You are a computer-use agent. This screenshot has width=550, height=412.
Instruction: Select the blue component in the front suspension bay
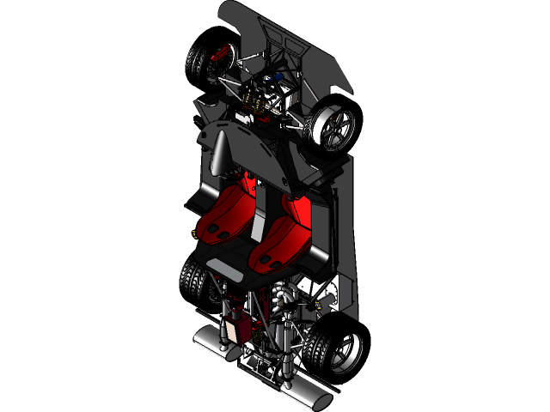click(274, 83)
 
